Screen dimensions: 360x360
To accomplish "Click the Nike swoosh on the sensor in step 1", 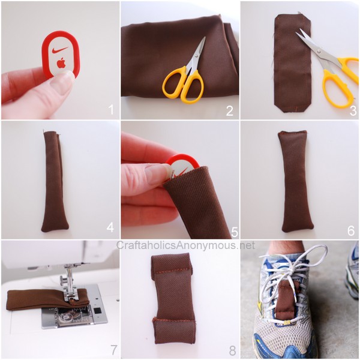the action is pos(60,50).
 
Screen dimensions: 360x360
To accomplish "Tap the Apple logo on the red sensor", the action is pos(61,64).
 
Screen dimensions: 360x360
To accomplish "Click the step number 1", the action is pos(112,110).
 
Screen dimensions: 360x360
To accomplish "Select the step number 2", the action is pos(230,110).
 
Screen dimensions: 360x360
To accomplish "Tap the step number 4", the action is pos(110,227).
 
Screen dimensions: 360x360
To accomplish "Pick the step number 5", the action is pos(235,232).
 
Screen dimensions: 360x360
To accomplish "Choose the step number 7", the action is pos(112,350).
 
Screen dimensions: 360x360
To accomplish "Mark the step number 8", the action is pos(232,350).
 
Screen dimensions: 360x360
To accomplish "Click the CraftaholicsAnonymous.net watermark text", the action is pos(185,245).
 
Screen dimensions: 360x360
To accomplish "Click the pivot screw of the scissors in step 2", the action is pos(197,56).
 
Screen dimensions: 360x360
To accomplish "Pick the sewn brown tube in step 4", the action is pos(54,181).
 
